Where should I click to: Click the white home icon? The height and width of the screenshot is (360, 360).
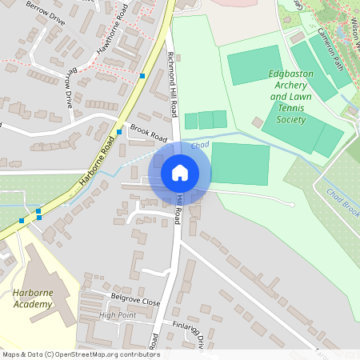(x=180, y=172)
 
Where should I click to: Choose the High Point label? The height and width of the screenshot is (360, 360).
(x=118, y=315)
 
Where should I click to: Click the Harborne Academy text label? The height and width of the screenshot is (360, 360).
(x=33, y=298)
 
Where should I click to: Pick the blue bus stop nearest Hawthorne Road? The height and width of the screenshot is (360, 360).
(x=142, y=75)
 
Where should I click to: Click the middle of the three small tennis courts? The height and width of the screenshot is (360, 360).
(x=206, y=120)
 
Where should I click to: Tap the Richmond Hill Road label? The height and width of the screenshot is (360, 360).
(x=171, y=76)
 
